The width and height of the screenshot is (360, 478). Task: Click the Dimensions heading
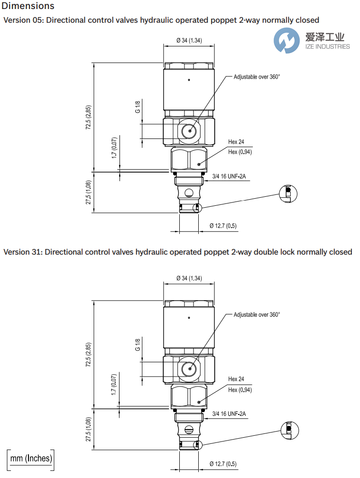(28, 6)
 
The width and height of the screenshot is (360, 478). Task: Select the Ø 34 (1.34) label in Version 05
(189, 40)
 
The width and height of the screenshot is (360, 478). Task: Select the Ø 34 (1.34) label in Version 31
(189, 278)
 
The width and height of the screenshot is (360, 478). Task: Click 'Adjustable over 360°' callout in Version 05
(257, 76)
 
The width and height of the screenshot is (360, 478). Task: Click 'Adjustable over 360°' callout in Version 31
(257, 314)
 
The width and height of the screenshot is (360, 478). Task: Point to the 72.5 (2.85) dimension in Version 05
(89, 118)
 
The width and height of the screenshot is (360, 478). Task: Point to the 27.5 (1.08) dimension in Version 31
(89, 430)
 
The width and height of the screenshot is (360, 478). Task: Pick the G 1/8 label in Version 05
(138, 107)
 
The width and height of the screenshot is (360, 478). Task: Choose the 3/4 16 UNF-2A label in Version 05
(229, 176)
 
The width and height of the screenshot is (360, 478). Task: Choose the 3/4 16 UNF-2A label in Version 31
(229, 414)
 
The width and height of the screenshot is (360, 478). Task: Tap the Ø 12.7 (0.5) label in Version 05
(223, 226)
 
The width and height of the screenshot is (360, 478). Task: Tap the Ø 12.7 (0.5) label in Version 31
(223, 463)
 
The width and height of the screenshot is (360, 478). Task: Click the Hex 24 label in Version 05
(236, 142)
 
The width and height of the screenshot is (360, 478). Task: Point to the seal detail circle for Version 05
(288, 193)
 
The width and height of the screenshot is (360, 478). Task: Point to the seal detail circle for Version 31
(290, 430)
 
